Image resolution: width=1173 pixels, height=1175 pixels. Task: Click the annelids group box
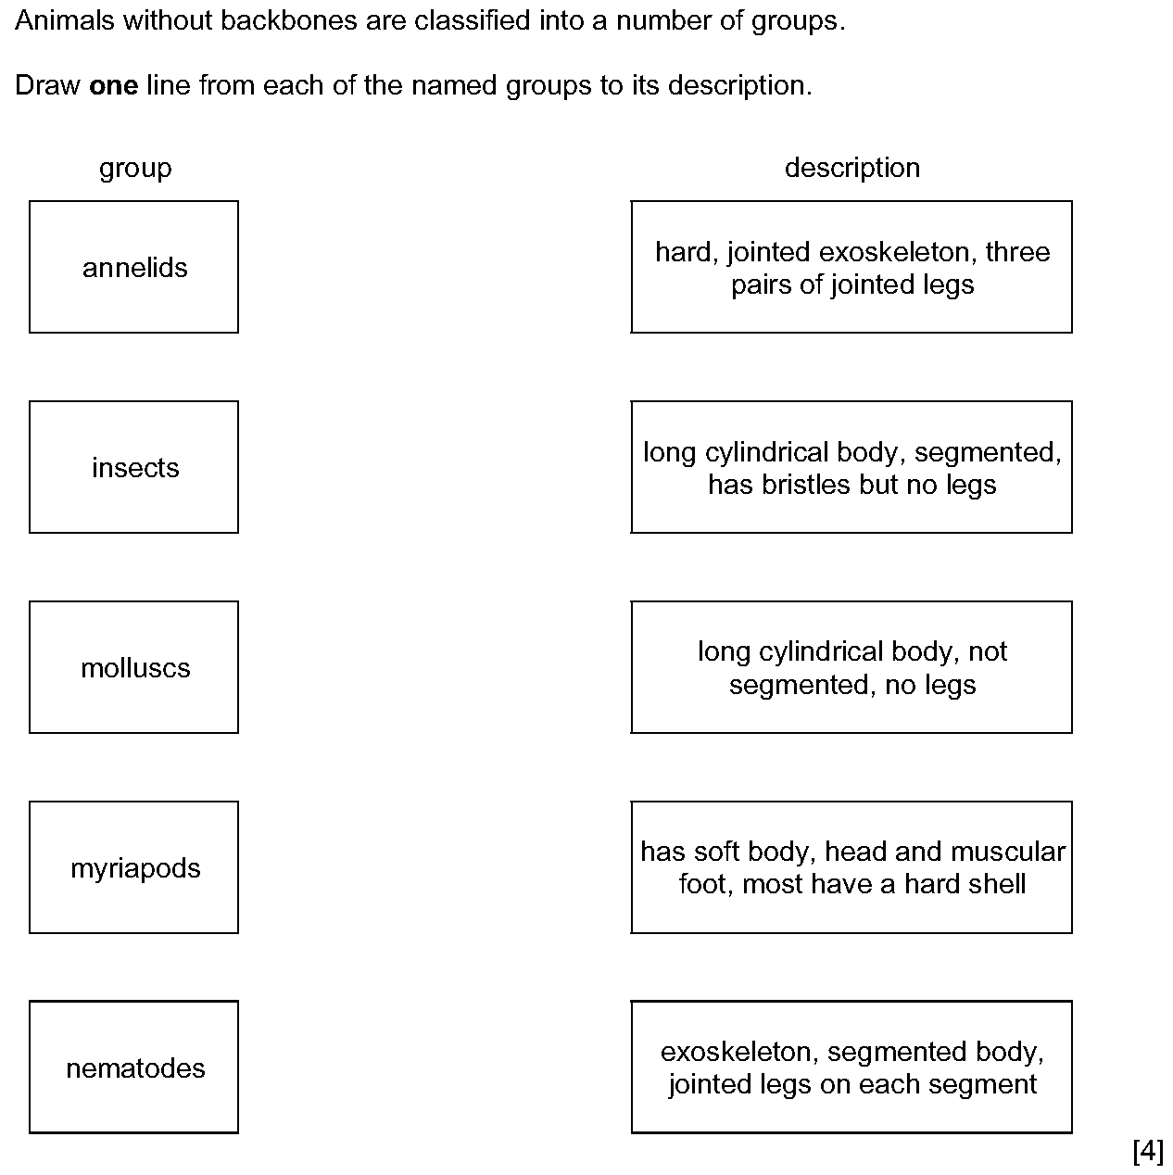coord(133,267)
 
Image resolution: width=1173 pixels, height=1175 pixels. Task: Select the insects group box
coord(133,467)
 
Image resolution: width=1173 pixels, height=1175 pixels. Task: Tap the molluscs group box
coord(133,667)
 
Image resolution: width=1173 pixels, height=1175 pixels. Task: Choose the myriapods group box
coord(133,867)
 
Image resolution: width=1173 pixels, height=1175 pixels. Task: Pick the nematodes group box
coord(133,1068)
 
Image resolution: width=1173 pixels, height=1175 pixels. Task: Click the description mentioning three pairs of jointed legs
coord(851,267)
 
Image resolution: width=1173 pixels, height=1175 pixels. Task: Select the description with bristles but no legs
coord(851,467)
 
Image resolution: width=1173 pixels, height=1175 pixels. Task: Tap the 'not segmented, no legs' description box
coord(851,667)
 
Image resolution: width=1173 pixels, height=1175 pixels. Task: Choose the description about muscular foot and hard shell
coord(851,867)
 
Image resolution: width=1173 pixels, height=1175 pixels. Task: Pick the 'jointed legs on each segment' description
coord(851,1068)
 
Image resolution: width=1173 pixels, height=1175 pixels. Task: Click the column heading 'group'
coord(135,169)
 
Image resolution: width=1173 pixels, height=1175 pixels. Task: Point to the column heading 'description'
coord(852,168)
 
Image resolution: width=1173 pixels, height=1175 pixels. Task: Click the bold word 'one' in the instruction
coord(113,86)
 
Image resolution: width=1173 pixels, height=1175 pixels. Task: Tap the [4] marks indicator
coord(1148,1151)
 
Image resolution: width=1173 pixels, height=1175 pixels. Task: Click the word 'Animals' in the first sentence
coord(65,20)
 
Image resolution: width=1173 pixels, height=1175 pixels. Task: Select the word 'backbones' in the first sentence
coord(288,20)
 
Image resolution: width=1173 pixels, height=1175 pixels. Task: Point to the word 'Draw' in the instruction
coord(47,85)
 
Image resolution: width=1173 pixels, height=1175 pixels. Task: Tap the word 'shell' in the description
coord(995,884)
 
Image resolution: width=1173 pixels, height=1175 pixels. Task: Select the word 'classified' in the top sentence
coord(473,20)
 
